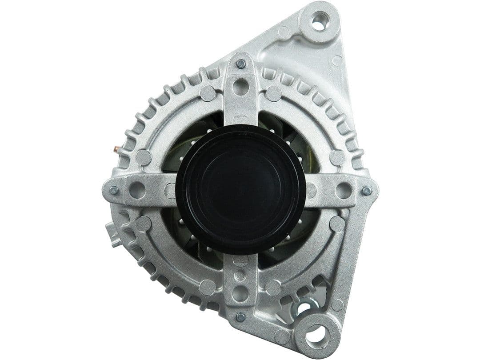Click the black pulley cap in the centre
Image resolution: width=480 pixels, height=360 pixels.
click(x=240, y=190)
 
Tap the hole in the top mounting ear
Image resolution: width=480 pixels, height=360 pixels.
click(x=319, y=22)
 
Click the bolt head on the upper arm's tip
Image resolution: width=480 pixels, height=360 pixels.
click(x=240, y=64)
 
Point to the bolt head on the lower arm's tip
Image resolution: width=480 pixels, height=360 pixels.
click(x=240, y=317)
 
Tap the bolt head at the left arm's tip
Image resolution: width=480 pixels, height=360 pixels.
click(x=114, y=190)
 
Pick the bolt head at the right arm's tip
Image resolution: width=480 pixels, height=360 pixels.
click(x=367, y=191)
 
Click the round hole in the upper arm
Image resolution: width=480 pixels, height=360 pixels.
click(x=240, y=87)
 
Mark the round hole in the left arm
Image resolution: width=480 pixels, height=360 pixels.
click(x=137, y=190)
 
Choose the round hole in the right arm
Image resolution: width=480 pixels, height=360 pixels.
click(x=344, y=190)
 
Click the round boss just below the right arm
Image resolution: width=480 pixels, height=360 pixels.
click(x=337, y=224)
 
